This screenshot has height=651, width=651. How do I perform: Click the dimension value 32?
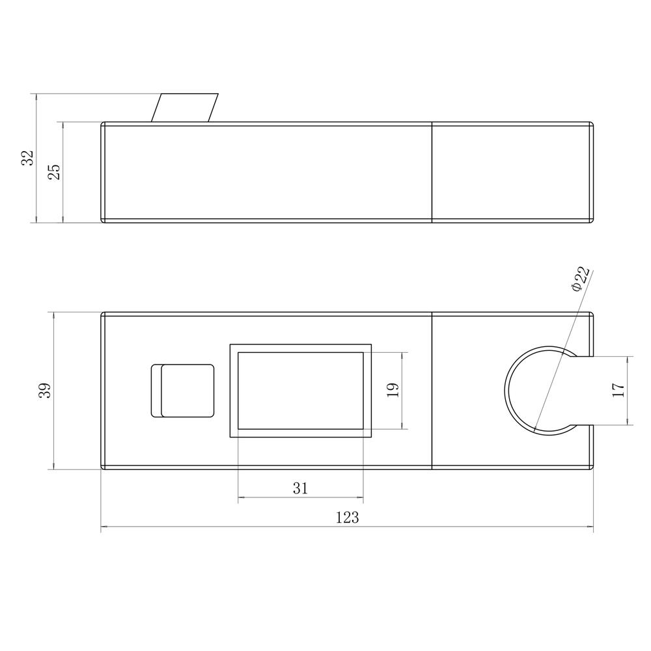pyautogui.click(x=27, y=158)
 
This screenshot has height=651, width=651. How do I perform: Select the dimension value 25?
pyautogui.click(x=54, y=172)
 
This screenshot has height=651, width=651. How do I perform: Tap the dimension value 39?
pyautogui.click(x=45, y=390)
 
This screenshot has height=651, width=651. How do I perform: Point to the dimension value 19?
pyautogui.click(x=393, y=390)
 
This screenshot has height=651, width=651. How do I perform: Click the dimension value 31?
pyautogui.click(x=301, y=488)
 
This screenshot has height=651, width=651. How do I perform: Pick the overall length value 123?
pyautogui.click(x=347, y=518)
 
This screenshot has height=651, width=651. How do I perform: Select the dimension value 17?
pyautogui.click(x=618, y=390)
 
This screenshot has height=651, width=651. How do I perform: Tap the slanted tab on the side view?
pyautogui.click(x=185, y=108)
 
